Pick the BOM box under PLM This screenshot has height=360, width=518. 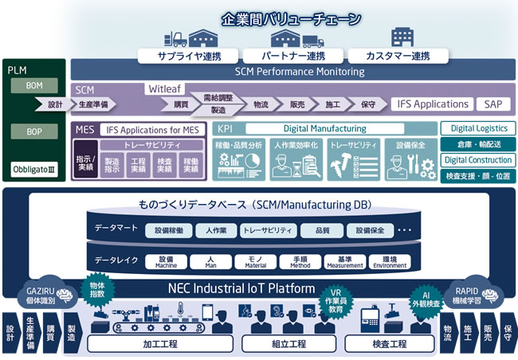click(34, 85)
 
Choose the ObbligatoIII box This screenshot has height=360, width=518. click(35, 170)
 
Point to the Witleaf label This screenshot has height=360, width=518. click(165, 90)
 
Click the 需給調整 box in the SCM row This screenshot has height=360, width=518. click(218, 97)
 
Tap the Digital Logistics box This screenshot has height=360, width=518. click(478, 128)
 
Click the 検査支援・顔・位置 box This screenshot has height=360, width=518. click(478, 176)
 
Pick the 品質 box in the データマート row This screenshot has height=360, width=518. click(323, 230)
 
